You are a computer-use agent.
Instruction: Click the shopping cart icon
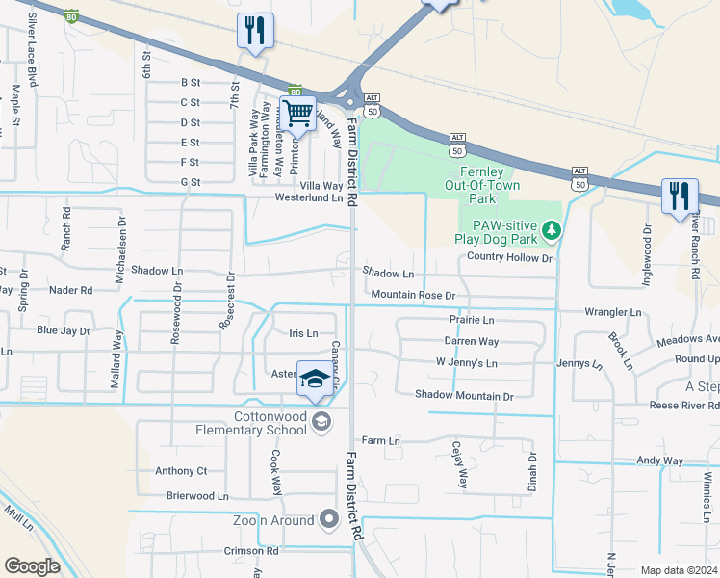(x=298, y=115)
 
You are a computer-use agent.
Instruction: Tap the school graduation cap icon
(x=314, y=381)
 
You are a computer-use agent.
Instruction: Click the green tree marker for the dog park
(x=551, y=229)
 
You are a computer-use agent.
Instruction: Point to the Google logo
(x=32, y=566)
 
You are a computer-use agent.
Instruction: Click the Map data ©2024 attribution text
(x=680, y=570)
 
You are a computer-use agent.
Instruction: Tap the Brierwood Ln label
(x=197, y=496)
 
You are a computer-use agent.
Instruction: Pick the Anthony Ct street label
(x=181, y=471)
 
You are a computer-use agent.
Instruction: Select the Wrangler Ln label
(x=612, y=312)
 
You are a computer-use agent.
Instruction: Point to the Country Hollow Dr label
(x=509, y=258)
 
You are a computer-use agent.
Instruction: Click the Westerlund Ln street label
(x=309, y=197)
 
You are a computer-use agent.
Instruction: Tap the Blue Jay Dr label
(x=63, y=330)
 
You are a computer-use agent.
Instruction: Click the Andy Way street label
(x=660, y=460)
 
